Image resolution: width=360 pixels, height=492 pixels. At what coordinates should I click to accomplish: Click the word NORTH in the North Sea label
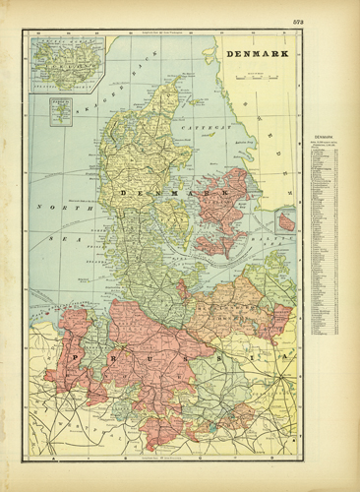pos(50,208)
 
